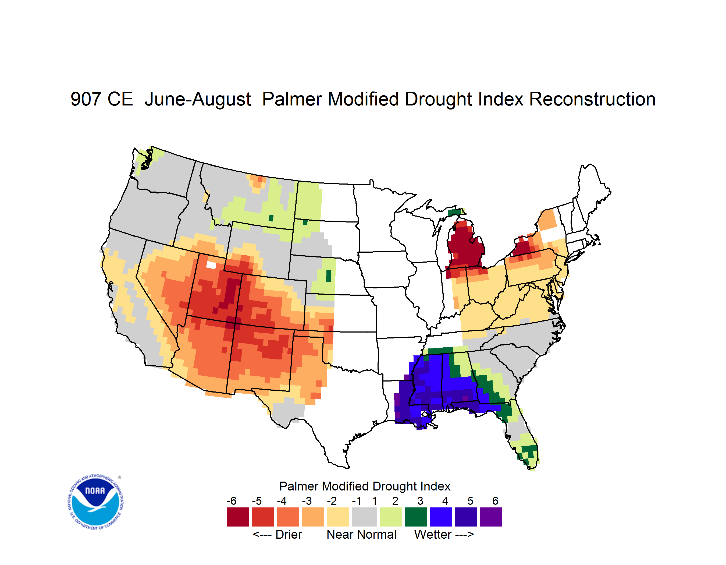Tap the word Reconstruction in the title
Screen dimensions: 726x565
592,99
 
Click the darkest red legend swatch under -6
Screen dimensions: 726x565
238,517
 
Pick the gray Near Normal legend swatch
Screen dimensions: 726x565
364,517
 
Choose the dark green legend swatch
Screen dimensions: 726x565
415,517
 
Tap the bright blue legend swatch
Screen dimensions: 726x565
441,517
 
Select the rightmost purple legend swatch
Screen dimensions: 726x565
491,517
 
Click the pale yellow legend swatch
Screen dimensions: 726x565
338,517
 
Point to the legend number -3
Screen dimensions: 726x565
307,501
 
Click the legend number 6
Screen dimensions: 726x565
495,501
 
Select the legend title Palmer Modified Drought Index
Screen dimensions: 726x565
365,486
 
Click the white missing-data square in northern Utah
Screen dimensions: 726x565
211,265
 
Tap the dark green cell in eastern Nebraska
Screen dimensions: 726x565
328,276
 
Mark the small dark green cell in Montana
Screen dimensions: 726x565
271,218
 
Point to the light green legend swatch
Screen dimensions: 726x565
391,517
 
